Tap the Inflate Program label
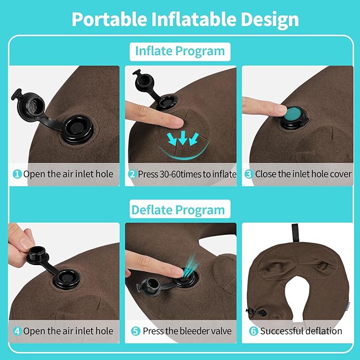click(180, 51)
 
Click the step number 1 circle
click(17, 174)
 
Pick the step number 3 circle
click(248, 174)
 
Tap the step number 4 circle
click(17, 331)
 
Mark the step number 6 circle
click(253, 331)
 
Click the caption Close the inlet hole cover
click(303, 174)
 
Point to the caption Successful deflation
click(301, 331)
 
